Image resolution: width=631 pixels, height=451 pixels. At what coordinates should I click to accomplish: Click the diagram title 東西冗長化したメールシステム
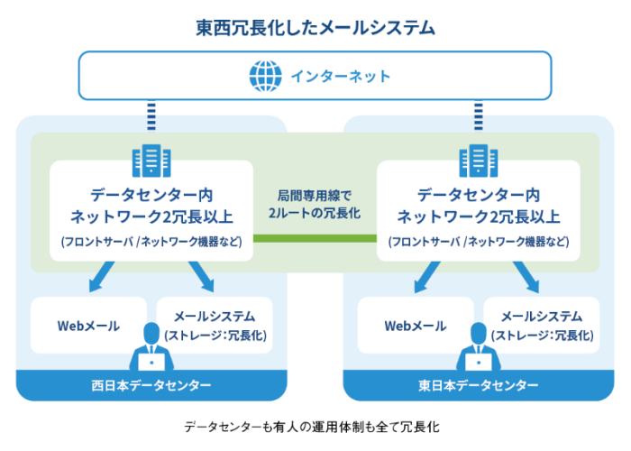click(x=315, y=28)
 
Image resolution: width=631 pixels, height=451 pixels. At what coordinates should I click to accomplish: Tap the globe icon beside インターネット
click(x=264, y=75)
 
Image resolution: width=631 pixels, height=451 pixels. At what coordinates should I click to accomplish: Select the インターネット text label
click(x=340, y=76)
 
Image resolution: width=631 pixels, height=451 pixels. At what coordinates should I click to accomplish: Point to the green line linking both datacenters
click(x=315, y=238)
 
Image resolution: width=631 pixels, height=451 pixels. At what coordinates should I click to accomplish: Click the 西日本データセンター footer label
click(x=151, y=385)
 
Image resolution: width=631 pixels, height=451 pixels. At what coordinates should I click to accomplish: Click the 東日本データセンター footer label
click(x=479, y=385)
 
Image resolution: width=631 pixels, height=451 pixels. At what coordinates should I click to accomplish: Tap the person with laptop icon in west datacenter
click(x=151, y=351)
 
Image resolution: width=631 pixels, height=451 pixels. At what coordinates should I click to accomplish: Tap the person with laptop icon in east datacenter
click(x=478, y=351)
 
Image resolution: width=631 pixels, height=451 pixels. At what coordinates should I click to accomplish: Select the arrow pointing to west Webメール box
click(x=101, y=277)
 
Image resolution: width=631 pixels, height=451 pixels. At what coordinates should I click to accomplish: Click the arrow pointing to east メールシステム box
click(x=526, y=277)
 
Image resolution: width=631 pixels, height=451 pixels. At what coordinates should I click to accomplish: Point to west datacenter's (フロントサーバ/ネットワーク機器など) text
click(x=151, y=242)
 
